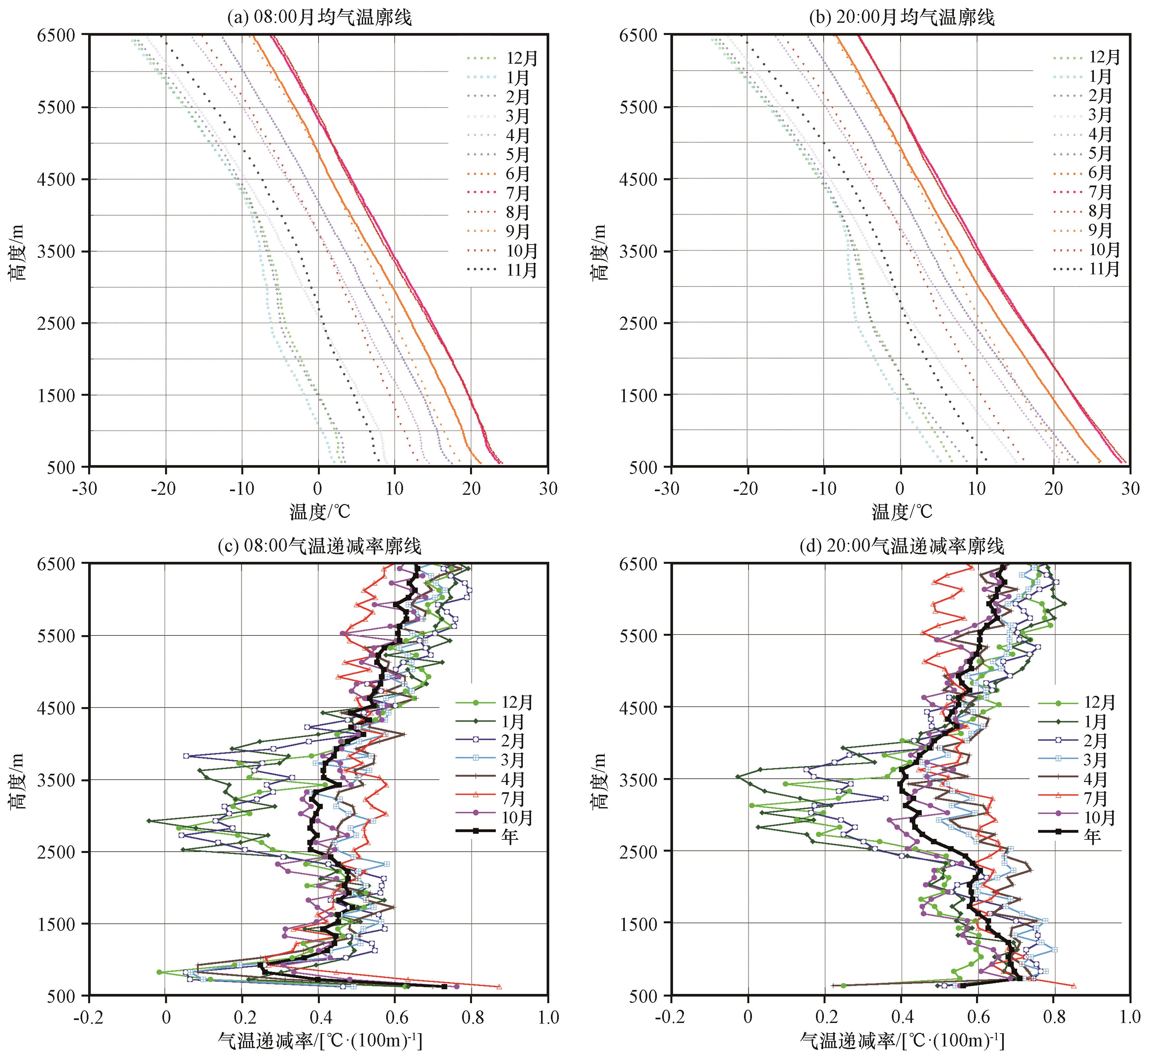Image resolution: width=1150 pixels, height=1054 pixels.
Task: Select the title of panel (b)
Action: pyautogui.click(x=901, y=17)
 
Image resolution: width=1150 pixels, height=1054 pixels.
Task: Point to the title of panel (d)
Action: pyautogui.click(x=901, y=546)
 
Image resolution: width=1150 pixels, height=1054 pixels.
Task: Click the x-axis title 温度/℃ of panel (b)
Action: pyautogui.click(x=901, y=512)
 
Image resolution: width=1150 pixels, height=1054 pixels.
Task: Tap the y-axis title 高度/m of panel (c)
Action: pyautogui.click(x=17, y=780)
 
